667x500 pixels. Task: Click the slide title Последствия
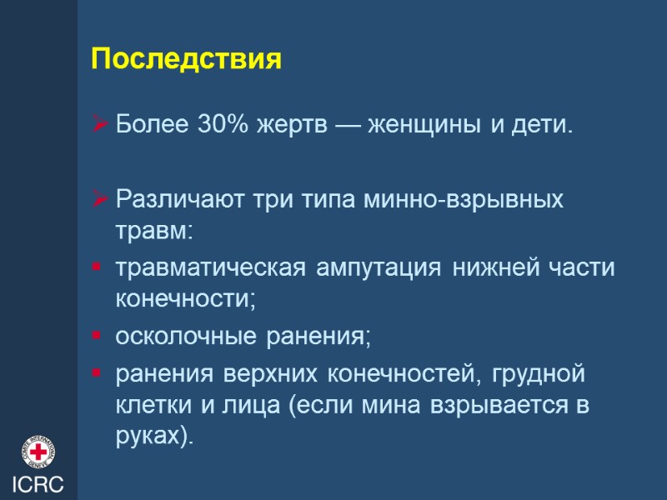coord(187,60)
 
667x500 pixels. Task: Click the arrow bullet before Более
coord(101,126)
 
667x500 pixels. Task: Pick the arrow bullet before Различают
coord(101,200)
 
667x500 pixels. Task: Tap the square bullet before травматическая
coord(98,268)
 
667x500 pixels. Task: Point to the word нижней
coord(489,268)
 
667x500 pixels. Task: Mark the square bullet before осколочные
coord(98,337)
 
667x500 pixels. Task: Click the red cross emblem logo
coord(38,452)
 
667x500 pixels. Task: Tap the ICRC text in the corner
coord(38,484)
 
